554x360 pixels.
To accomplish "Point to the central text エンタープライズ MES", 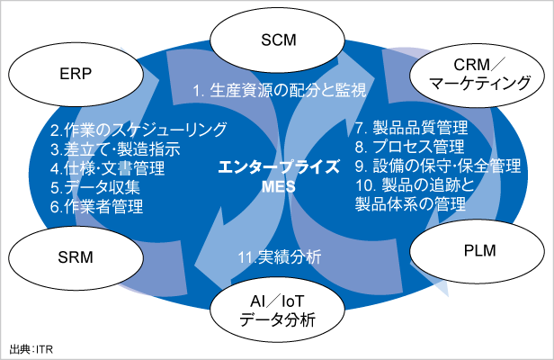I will tap(273, 176).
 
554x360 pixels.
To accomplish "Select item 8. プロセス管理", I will tap(409, 147).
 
